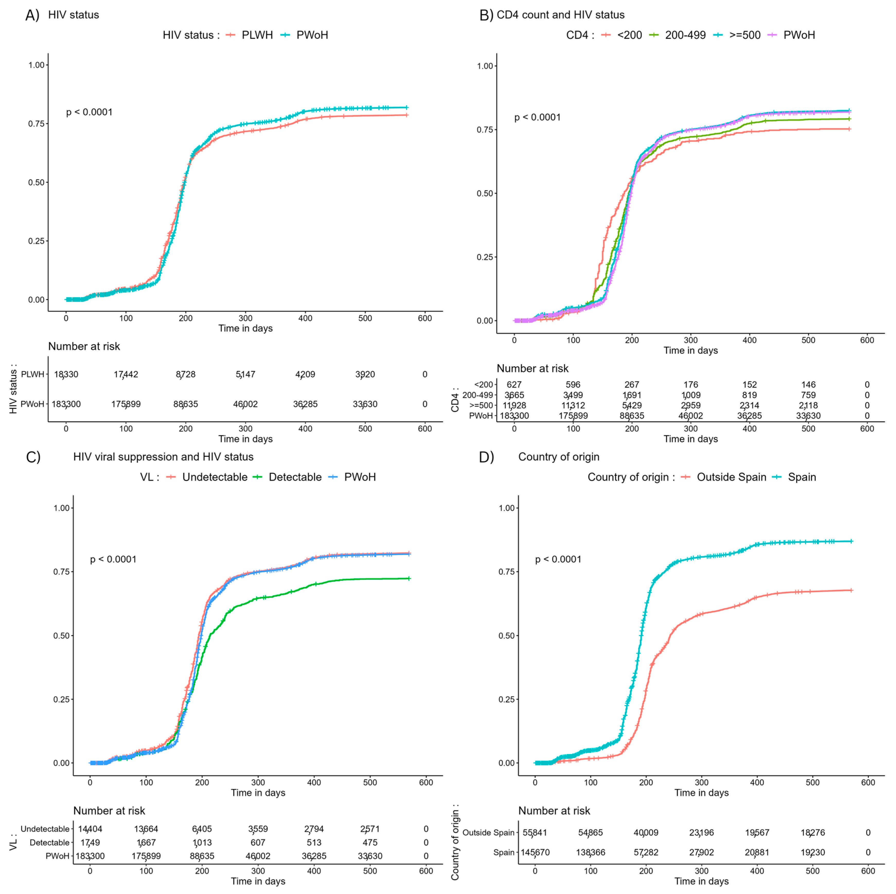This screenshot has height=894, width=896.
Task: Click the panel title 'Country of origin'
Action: coord(558,457)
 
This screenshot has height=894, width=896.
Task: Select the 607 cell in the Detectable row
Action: coord(258,843)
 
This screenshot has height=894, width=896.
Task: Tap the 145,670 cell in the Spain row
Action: coord(535,852)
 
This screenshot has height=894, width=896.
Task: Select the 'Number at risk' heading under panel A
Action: coord(84,347)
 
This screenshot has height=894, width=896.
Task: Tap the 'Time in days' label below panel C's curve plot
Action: coord(258,793)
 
